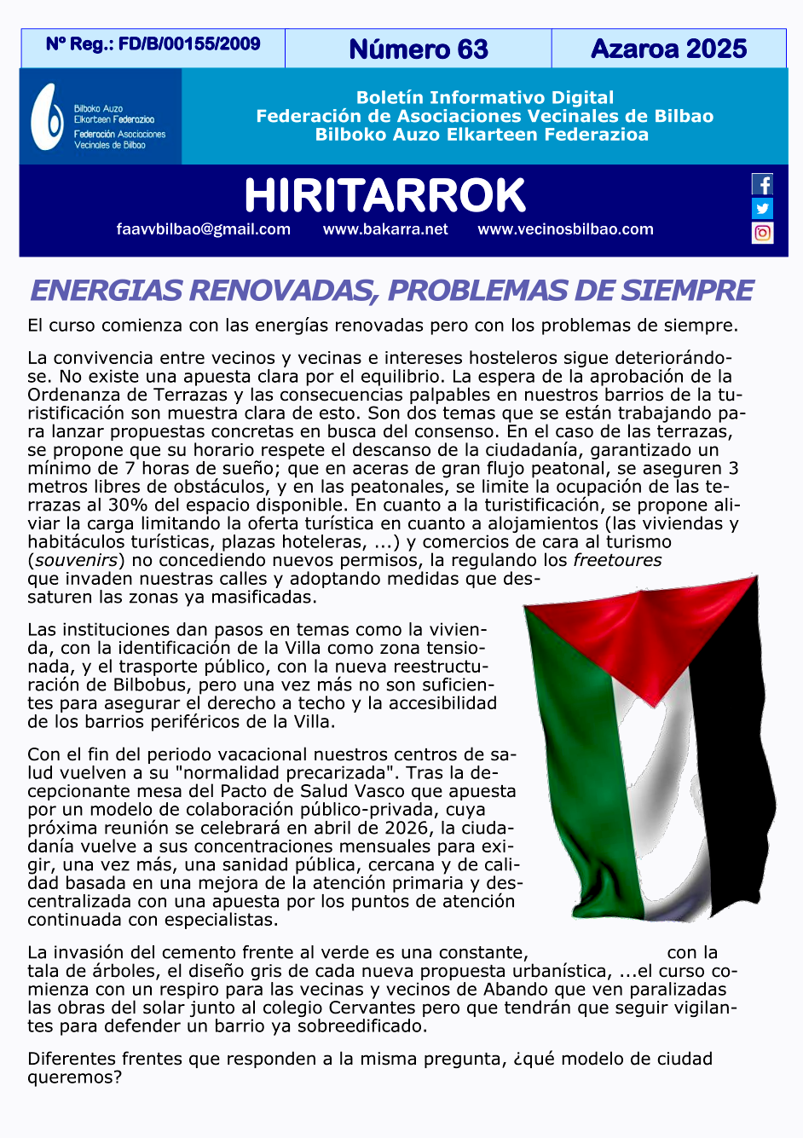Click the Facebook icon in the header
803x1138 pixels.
click(x=762, y=184)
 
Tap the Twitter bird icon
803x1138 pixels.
click(x=762, y=208)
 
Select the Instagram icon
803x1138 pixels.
click(x=762, y=232)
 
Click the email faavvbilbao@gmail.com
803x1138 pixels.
click(x=204, y=229)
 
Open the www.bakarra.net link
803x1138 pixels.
click(x=385, y=229)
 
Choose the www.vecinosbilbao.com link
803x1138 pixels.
click(x=565, y=229)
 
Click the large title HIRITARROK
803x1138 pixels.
click(x=384, y=195)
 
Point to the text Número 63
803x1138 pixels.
click(x=419, y=49)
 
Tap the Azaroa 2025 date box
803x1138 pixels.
click(x=668, y=49)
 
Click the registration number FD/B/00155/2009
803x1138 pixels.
click(x=189, y=43)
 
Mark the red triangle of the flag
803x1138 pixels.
click(x=648, y=631)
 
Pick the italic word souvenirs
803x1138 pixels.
click(x=76, y=560)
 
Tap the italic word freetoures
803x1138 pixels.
click(x=617, y=560)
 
